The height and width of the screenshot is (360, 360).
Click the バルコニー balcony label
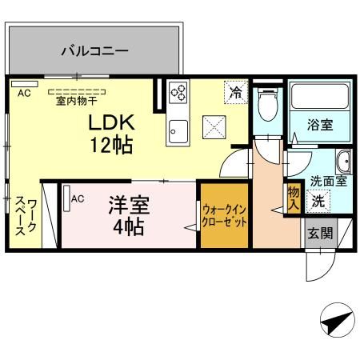click(x=94, y=50)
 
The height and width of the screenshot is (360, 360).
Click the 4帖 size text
click(x=128, y=226)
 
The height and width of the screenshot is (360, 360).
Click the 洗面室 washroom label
click(x=327, y=181)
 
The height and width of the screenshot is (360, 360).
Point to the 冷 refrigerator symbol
click(x=235, y=92)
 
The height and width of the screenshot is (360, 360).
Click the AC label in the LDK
click(x=24, y=93)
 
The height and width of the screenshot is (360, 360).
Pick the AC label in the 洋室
click(x=78, y=198)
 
